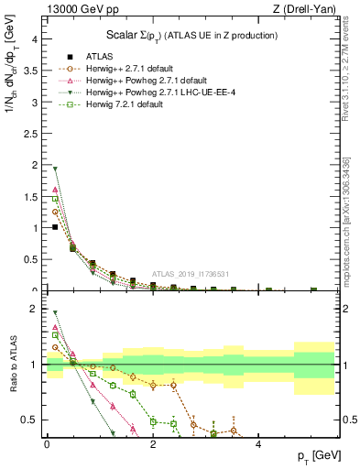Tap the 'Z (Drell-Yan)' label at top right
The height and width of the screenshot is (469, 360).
(x=302, y=8)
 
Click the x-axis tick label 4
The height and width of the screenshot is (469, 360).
(x=259, y=444)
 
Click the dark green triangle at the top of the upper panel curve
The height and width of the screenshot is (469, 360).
(x=55, y=169)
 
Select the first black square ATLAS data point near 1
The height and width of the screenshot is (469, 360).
(x=55, y=227)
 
